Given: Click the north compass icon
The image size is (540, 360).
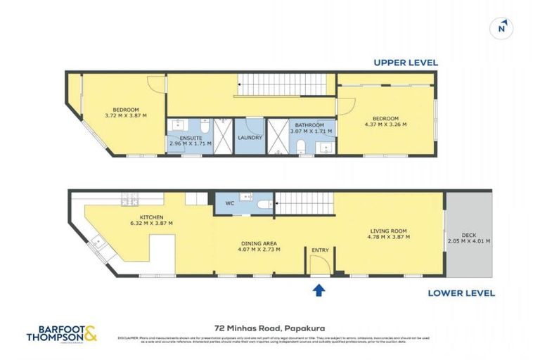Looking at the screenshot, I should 501,27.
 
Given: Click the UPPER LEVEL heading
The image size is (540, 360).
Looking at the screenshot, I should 406,63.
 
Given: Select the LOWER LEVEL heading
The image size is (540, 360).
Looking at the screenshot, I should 460,293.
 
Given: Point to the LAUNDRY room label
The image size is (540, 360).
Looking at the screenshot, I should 250,138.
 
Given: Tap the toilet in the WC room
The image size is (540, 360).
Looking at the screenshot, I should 263,204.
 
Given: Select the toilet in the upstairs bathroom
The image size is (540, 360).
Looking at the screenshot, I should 302,147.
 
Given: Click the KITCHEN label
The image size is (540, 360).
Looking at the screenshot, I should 151,217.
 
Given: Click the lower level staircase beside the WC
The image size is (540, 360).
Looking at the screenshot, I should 302,203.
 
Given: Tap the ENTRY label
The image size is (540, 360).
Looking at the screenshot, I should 320,250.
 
